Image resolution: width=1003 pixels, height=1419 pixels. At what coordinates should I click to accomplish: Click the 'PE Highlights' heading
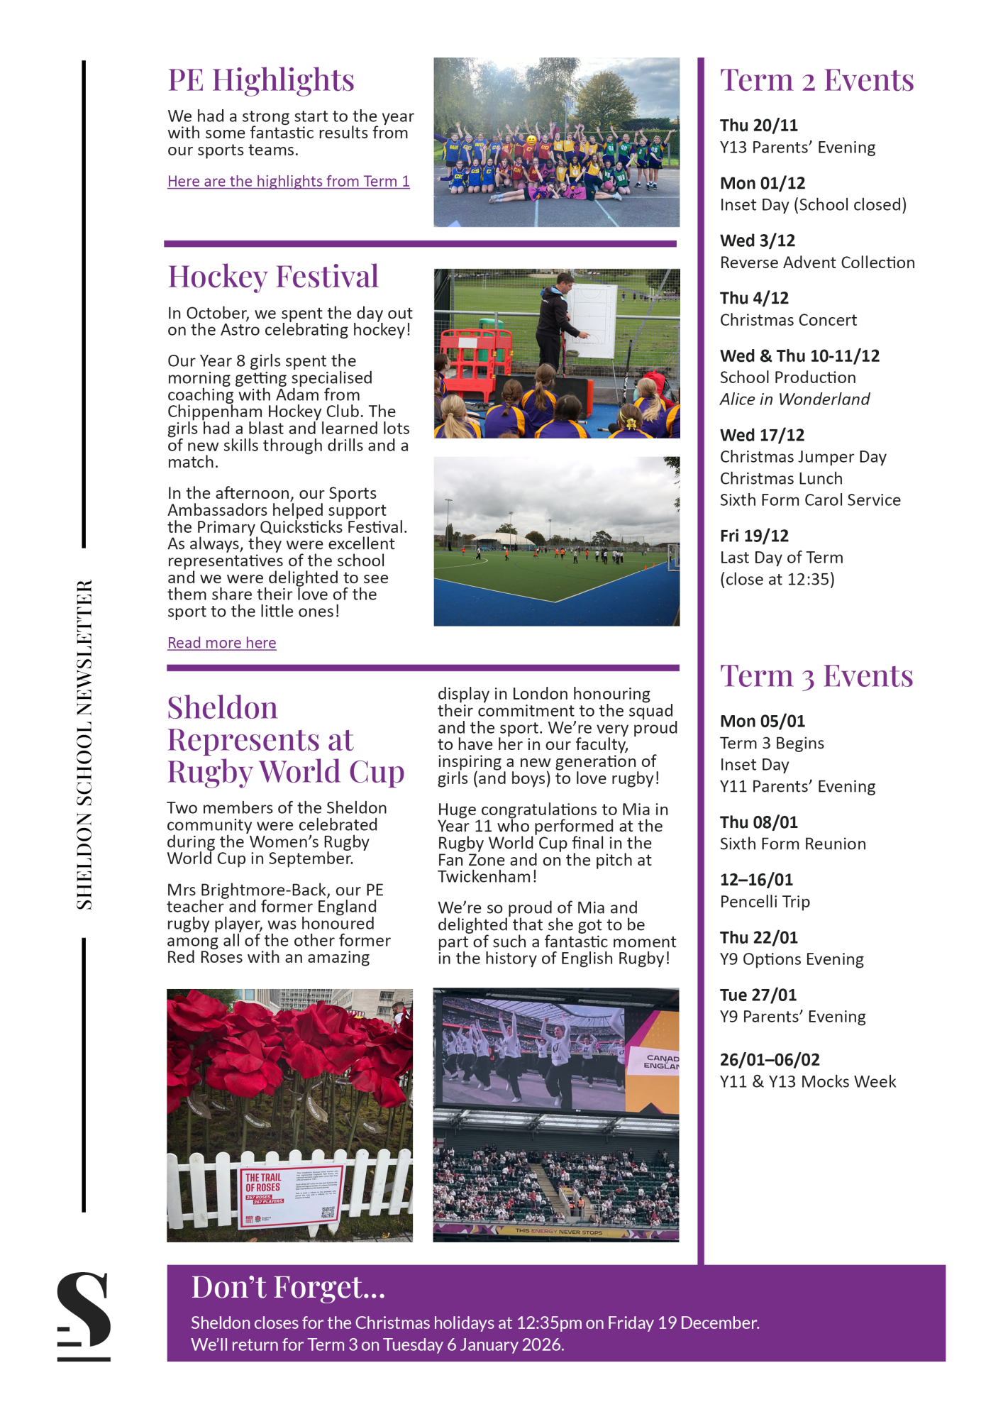[260, 80]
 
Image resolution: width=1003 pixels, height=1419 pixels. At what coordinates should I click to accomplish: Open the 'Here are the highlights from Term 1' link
[288, 182]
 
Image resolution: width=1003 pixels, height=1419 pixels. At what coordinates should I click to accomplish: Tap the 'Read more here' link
[221, 643]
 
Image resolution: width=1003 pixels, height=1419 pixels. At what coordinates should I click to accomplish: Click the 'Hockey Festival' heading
[272, 277]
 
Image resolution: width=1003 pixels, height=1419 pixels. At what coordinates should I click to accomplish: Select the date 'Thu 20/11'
[758, 126]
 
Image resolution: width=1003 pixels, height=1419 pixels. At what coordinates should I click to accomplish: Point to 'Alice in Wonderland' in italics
[794, 399]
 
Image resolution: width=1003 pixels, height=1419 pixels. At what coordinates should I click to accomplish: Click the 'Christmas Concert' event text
[788, 320]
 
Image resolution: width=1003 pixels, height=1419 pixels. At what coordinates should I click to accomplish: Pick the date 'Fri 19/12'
[754, 536]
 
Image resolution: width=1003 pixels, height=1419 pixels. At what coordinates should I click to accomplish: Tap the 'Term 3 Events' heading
[816, 676]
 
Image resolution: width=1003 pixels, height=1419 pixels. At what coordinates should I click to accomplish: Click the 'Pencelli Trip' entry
[765, 902]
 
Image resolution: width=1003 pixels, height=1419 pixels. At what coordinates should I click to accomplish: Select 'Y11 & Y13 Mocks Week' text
[808, 1082]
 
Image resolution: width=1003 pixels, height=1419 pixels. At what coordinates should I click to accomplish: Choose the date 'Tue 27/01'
[758, 995]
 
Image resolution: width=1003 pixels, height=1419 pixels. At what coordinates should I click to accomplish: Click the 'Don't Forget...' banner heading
[288, 1288]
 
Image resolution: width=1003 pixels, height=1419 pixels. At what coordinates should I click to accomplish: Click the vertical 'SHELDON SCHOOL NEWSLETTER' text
[84, 744]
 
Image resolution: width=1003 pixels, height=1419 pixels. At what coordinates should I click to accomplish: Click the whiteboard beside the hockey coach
[590, 321]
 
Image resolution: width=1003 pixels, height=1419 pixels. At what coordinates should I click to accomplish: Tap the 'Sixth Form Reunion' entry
[792, 844]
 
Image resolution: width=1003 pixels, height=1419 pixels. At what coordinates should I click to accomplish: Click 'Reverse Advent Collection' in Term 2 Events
[817, 263]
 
